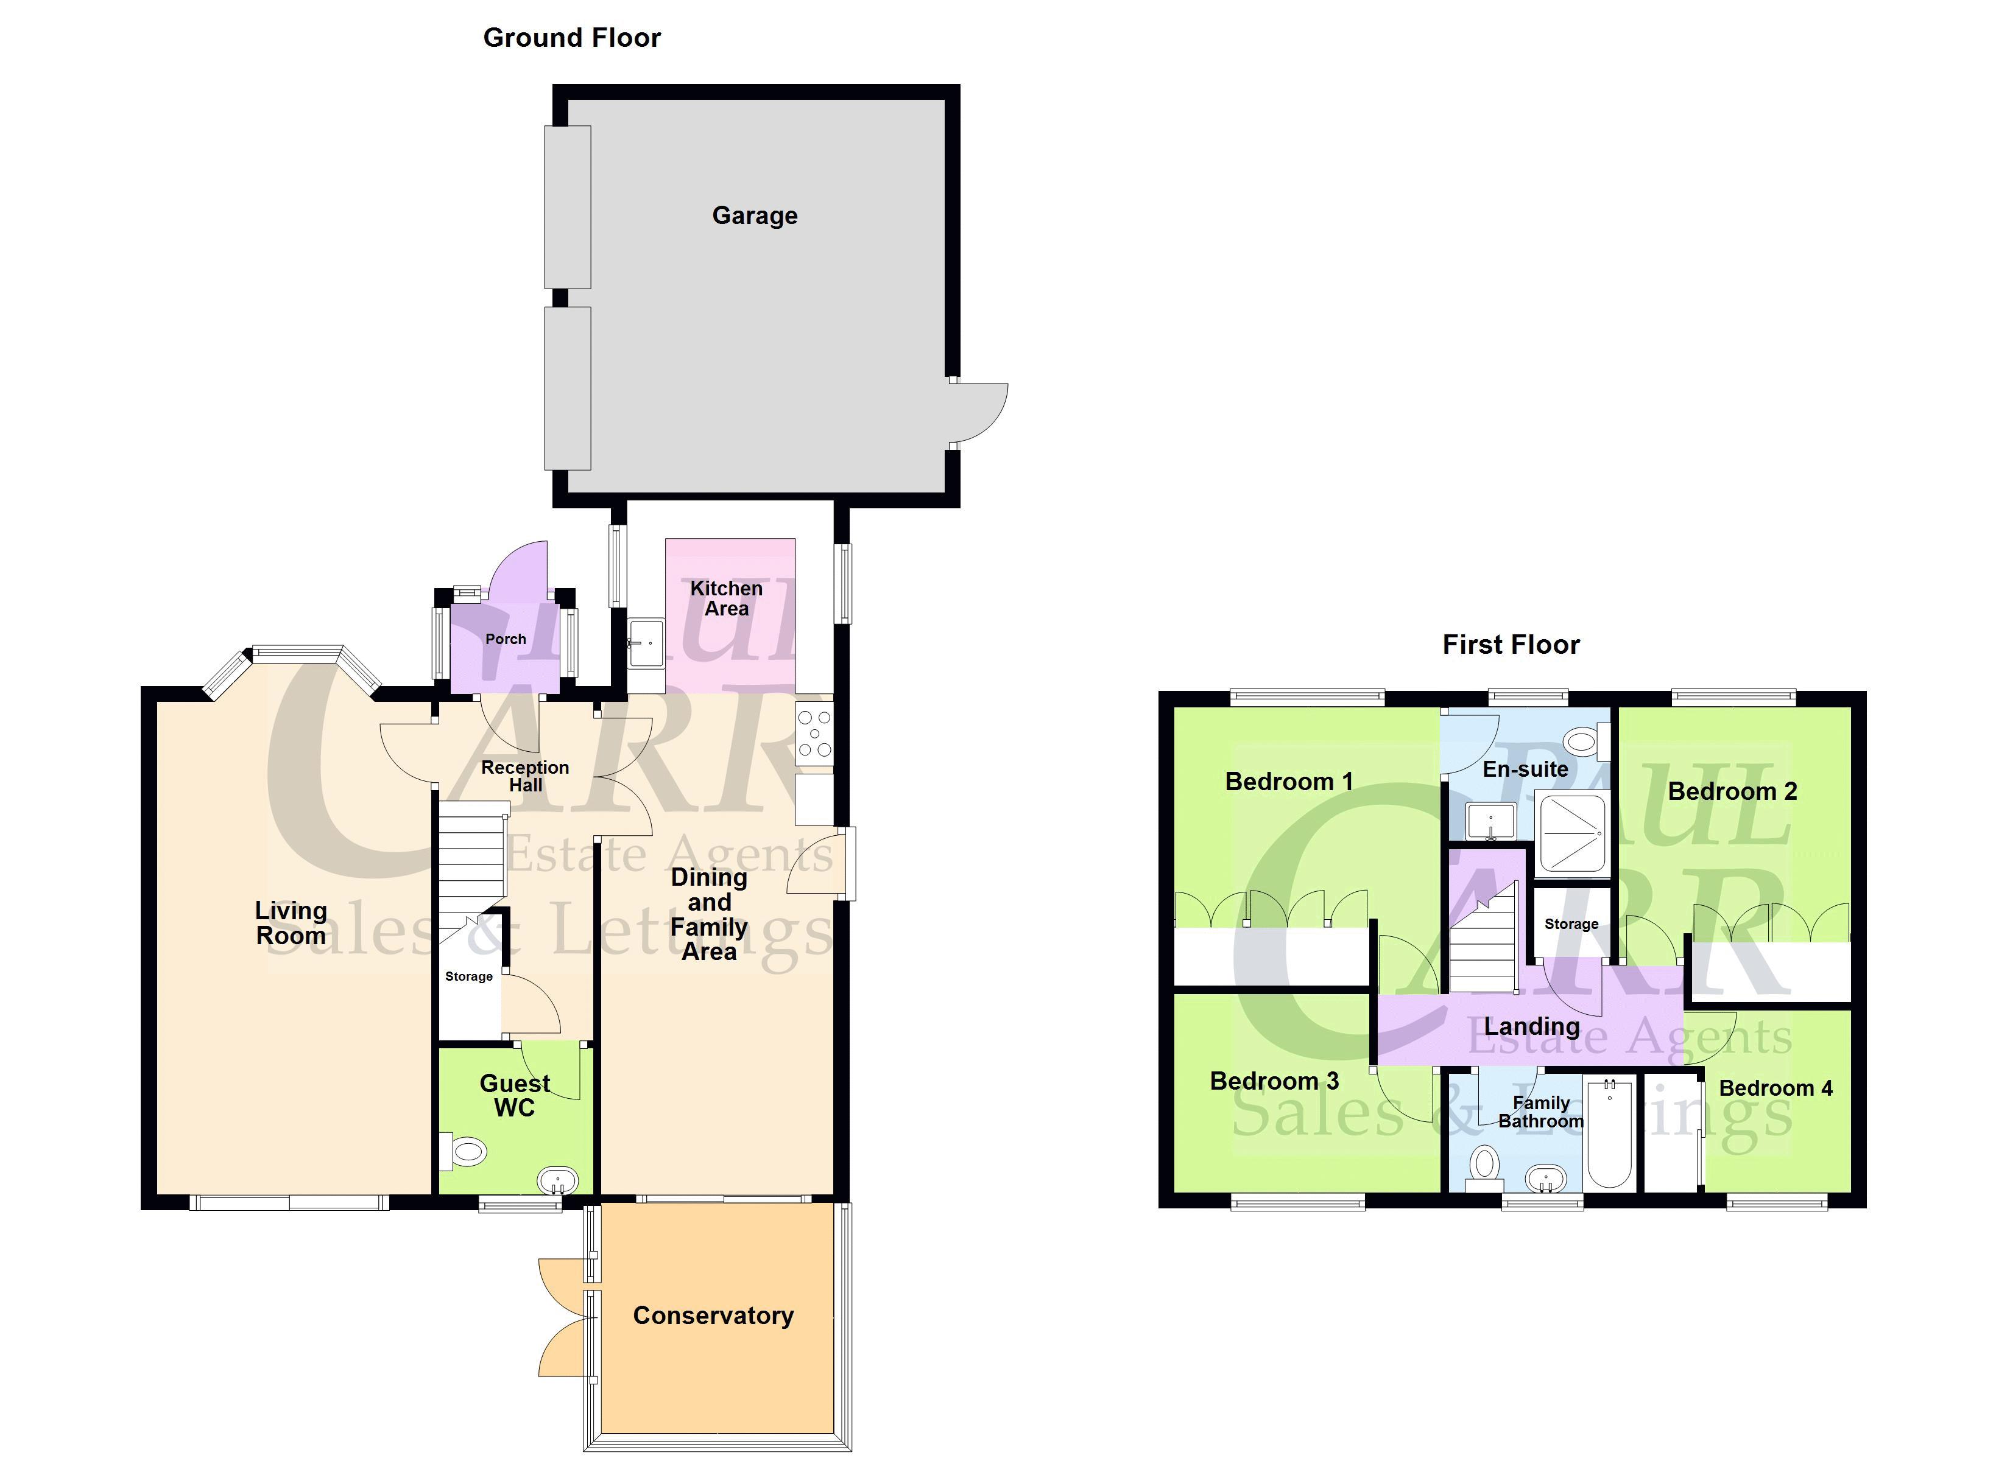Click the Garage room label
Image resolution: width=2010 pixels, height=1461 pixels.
click(754, 215)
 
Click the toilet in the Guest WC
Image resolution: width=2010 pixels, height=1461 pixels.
click(466, 1152)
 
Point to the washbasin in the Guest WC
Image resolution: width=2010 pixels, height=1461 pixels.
click(559, 1181)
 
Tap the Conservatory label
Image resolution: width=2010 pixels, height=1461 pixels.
click(713, 1316)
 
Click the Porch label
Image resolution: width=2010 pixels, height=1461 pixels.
click(505, 639)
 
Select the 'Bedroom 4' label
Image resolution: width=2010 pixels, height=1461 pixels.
click(1775, 1088)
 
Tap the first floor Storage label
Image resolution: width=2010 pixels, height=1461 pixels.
click(1571, 924)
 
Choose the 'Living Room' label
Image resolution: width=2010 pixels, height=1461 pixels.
click(291, 923)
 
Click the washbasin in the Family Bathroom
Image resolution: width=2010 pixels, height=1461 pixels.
click(1546, 1179)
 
